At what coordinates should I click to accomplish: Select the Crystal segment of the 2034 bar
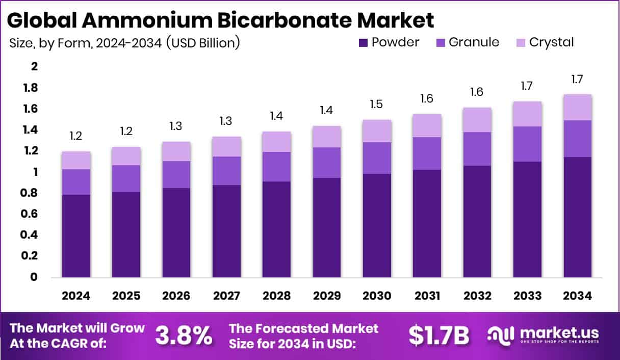578,107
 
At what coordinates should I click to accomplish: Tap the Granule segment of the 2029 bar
327,163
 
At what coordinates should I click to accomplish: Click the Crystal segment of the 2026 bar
176,151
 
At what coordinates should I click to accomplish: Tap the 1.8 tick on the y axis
31,88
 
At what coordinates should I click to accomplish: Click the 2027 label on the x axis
226,296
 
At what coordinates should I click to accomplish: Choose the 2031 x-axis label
427,296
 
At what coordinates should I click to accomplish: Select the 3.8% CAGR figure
184,336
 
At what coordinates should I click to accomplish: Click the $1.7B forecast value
439,336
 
